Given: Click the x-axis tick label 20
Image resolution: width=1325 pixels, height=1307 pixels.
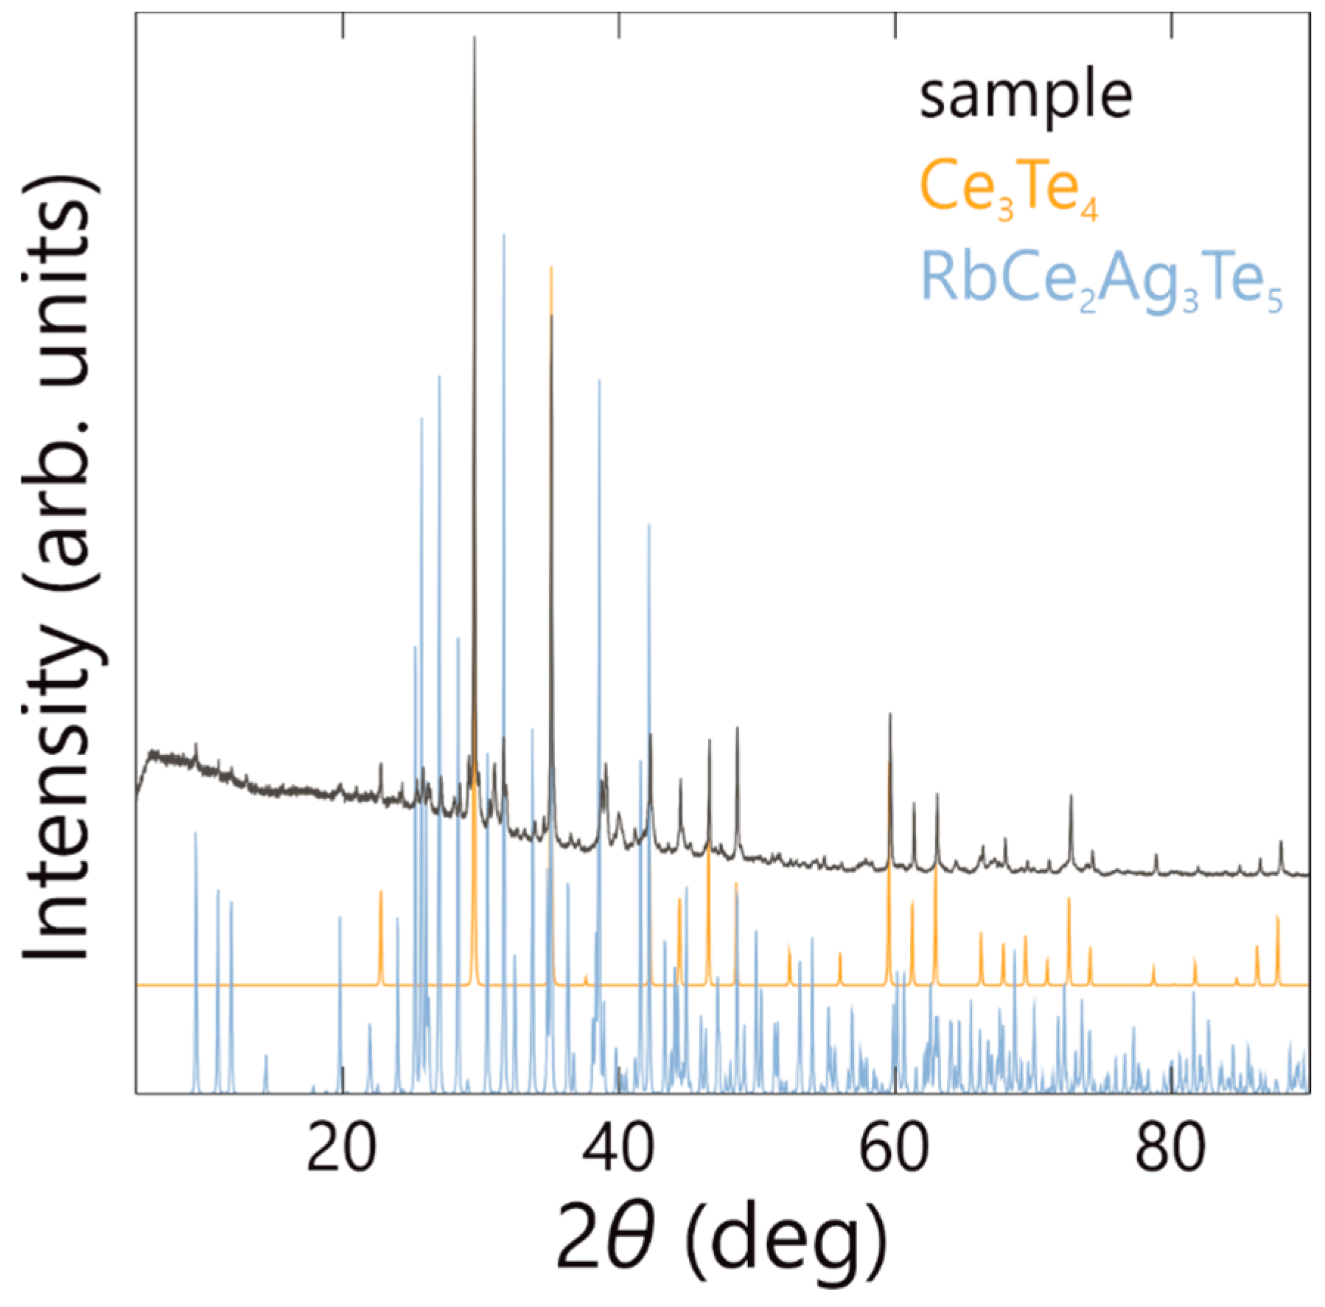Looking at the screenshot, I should click(341, 1147).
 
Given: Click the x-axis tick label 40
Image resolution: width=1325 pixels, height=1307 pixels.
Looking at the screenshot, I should click(618, 1147).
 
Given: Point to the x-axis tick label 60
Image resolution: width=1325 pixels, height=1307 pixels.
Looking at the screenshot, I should click(894, 1147).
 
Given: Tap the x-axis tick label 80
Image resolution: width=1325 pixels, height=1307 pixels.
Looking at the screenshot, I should click(1170, 1147).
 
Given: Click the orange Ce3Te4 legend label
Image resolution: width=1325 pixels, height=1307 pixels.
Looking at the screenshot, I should click(1008, 189).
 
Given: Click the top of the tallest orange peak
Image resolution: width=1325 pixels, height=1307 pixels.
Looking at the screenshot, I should click(551, 268).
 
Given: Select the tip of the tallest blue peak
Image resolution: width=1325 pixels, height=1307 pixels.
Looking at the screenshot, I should click(504, 236).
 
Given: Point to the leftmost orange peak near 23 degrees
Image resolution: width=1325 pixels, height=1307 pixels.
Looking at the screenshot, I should click(381, 893).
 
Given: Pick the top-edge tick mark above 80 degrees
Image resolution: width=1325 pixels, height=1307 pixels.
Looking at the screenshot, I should click(1172, 25).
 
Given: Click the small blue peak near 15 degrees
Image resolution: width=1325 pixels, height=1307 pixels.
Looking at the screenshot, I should click(266, 1057).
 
